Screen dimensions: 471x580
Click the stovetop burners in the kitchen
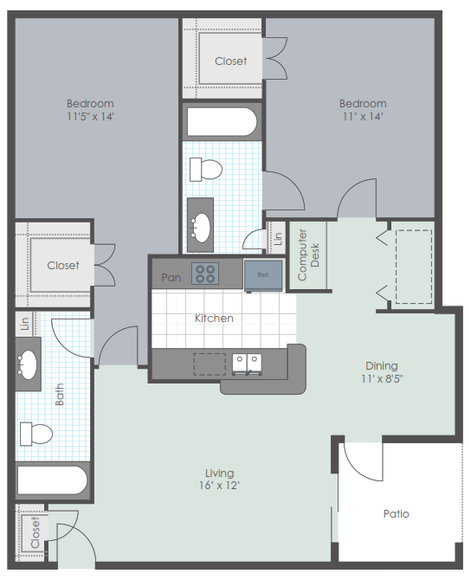[x=205, y=274]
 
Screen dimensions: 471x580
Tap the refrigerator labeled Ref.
[x=263, y=275]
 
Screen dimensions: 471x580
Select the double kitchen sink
[x=247, y=364]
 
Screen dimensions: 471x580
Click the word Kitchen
[x=214, y=318]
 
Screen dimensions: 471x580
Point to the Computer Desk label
[x=308, y=255]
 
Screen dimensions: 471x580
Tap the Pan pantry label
[x=171, y=277]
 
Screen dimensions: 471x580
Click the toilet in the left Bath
[x=35, y=434]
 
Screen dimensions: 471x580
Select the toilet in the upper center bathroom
[x=206, y=170]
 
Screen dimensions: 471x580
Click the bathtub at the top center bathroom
[x=222, y=122]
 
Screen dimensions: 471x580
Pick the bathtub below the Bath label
[x=52, y=480]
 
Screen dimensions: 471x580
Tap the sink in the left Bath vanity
[x=27, y=364]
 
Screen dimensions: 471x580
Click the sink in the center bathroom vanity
[x=201, y=228]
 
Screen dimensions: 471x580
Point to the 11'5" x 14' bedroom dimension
[x=90, y=117]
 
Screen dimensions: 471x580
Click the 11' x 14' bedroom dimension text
[x=363, y=117]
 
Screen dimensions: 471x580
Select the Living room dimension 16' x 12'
[x=219, y=485]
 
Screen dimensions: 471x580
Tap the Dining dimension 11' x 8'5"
[x=382, y=378]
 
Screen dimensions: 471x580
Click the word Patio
[x=396, y=514]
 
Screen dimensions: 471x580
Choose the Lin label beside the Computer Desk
[x=278, y=238]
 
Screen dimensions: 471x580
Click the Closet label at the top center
[x=230, y=61]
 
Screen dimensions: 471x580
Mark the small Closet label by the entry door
[x=35, y=532]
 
